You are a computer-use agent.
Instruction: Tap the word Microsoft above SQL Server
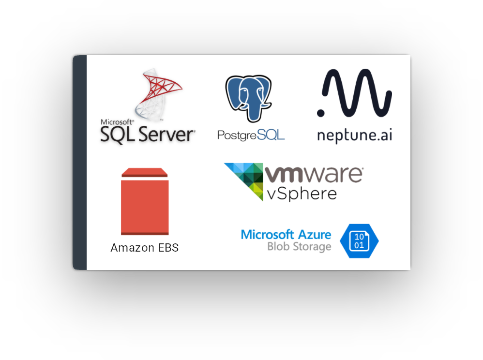[x=117, y=122]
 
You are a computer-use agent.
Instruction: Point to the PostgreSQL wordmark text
[x=251, y=135]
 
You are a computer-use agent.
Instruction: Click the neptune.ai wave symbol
[x=357, y=93]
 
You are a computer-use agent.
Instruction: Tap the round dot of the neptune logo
[x=321, y=113]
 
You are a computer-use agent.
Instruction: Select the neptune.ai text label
[x=355, y=135]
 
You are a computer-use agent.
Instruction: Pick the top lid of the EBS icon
[x=145, y=172]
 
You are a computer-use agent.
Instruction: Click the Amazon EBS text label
[x=145, y=248]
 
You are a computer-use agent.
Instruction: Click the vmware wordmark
[x=314, y=174]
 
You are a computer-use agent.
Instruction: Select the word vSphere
[x=302, y=194]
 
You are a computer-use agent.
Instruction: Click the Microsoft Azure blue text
[x=286, y=235]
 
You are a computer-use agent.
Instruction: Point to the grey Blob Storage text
[x=299, y=247]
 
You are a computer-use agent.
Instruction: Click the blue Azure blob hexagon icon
[x=359, y=241]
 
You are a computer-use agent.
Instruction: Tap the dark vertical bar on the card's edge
[x=80, y=163]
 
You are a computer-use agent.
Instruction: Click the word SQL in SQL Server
[x=118, y=135]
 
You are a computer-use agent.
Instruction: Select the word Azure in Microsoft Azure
[x=315, y=235]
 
